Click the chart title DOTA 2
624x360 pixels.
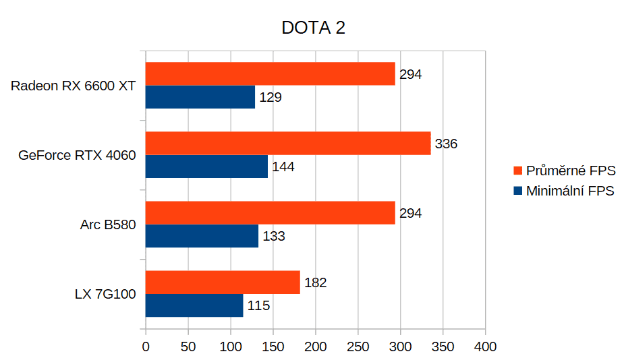click(x=313, y=28)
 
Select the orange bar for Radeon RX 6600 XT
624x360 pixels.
click(x=271, y=74)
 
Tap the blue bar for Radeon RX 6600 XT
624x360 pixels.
click(x=200, y=97)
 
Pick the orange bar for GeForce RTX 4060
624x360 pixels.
click(x=288, y=143)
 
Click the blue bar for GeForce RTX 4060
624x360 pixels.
click(x=206, y=167)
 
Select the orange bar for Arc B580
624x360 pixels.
click(x=271, y=213)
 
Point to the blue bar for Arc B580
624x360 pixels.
click(x=202, y=236)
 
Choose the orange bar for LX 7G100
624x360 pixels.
click(x=223, y=282)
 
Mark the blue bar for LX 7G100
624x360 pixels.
click(x=194, y=305)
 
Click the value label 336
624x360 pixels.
click(x=446, y=144)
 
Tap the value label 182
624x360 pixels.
click(x=316, y=282)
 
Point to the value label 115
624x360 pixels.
click(x=258, y=305)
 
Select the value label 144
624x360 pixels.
click(x=283, y=167)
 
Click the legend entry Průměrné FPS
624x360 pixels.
click(x=565, y=171)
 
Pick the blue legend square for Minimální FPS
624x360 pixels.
click(x=517, y=191)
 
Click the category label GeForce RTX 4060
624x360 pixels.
click(x=77, y=155)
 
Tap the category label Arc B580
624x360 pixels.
click(x=108, y=224)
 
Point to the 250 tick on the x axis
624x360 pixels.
click(x=358, y=347)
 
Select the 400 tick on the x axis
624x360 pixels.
click(x=485, y=347)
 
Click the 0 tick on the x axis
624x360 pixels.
click(x=146, y=347)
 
